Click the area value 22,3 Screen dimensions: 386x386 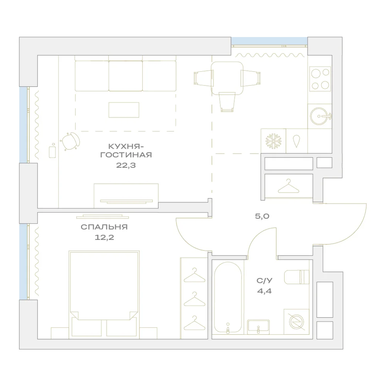click(x=126, y=165)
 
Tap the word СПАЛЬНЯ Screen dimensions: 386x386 click(x=104, y=227)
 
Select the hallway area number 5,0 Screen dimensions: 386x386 click(x=262, y=217)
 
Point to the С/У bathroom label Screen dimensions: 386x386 click(x=264, y=280)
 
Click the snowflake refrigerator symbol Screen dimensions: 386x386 click(x=273, y=141)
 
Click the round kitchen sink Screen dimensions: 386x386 click(x=320, y=116)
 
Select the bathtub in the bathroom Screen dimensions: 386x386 click(x=228, y=298)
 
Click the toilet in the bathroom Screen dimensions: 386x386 click(x=296, y=277)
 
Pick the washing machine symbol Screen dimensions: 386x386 click(x=296, y=322)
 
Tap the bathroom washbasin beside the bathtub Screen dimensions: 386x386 click(x=258, y=327)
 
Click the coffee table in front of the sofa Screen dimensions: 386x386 click(x=124, y=110)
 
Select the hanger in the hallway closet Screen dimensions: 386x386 click(x=288, y=186)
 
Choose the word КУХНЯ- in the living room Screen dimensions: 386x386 click(x=126, y=146)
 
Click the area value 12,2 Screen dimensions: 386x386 click(x=104, y=237)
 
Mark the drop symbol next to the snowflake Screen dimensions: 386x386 click(x=296, y=141)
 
